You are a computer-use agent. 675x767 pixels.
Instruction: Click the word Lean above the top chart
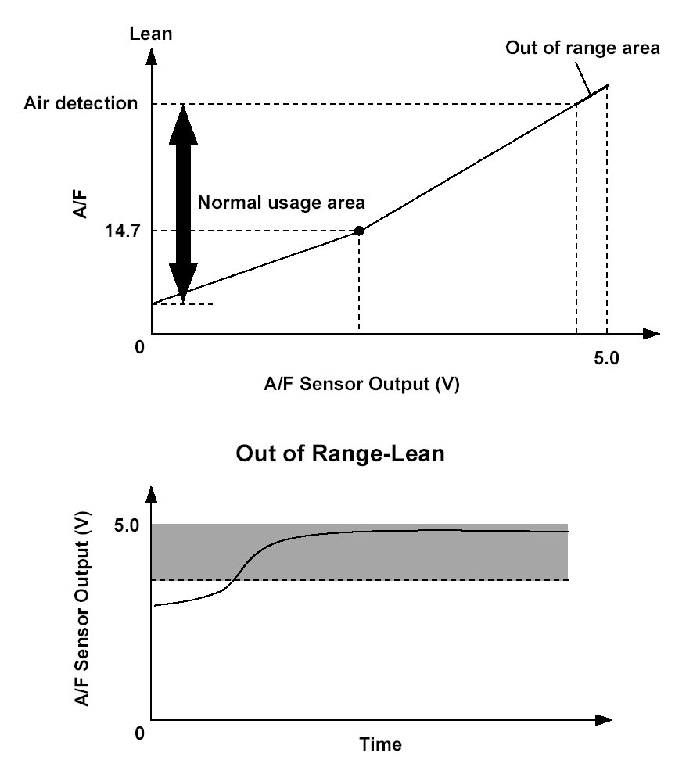pyautogui.click(x=151, y=34)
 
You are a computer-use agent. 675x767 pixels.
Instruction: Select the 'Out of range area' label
pyautogui.click(x=583, y=48)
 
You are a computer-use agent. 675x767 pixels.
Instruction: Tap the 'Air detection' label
pyautogui.click(x=81, y=103)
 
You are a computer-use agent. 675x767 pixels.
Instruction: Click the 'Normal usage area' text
pyautogui.click(x=281, y=203)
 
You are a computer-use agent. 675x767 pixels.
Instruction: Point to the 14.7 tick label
pyautogui.click(x=122, y=231)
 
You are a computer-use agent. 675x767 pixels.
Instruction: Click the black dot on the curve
pyautogui.click(x=359, y=231)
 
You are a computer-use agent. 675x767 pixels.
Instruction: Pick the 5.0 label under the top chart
pyautogui.click(x=606, y=359)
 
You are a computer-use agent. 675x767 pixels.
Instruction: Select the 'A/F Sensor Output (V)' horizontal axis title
pyautogui.click(x=361, y=384)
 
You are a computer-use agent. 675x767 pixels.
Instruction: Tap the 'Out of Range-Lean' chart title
pyautogui.click(x=340, y=453)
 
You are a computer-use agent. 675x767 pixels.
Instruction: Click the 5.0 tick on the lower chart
pyautogui.click(x=127, y=526)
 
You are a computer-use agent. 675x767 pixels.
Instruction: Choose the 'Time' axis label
pyautogui.click(x=381, y=744)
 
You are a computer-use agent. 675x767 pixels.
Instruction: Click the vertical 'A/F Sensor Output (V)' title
pyautogui.click(x=82, y=608)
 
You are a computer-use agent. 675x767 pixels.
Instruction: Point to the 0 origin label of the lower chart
pyautogui.click(x=139, y=733)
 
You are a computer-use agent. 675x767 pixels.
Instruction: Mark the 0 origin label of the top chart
pyautogui.click(x=140, y=347)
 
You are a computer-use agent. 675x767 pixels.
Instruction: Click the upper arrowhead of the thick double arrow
pyautogui.click(x=183, y=125)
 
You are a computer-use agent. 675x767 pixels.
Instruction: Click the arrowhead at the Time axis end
pyautogui.click(x=604, y=720)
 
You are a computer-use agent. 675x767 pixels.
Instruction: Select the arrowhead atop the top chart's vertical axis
pyautogui.click(x=152, y=57)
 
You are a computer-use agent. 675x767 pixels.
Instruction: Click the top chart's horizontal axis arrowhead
pyautogui.click(x=651, y=334)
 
